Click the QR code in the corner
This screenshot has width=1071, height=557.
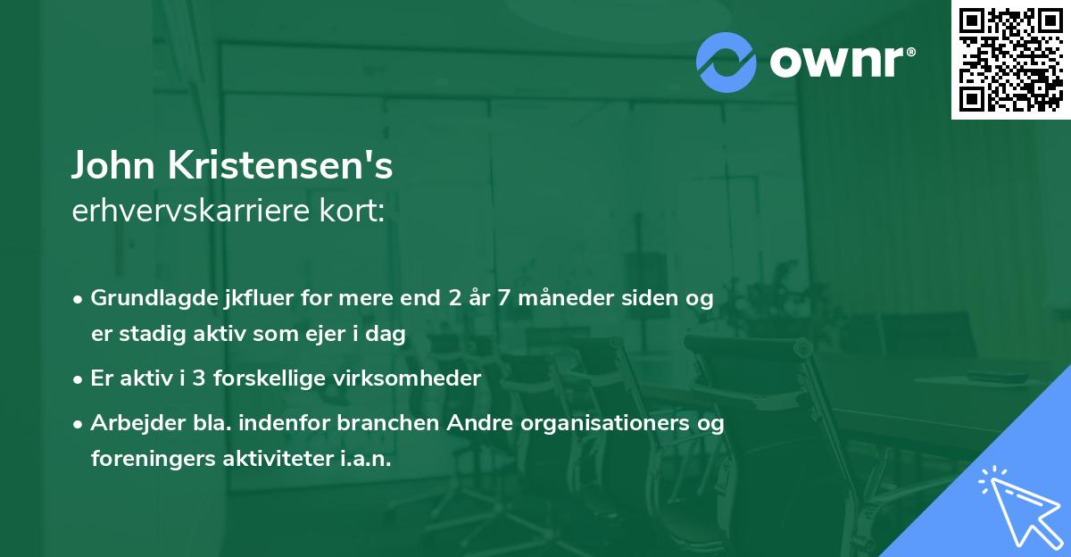tap(1010, 60)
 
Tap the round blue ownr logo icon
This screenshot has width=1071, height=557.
tap(726, 62)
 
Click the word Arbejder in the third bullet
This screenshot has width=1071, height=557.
tap(130, 422)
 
